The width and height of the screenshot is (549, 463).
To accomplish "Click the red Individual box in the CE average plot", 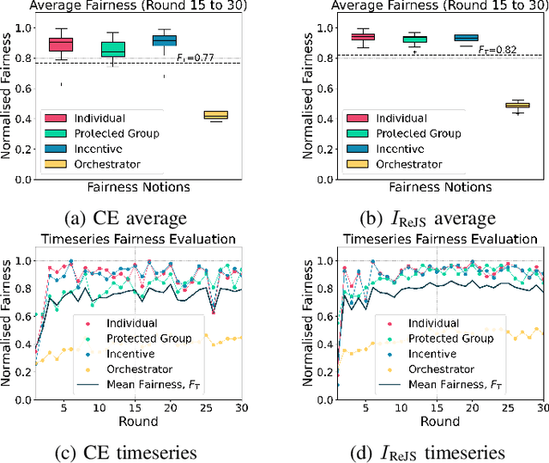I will click(60, 44).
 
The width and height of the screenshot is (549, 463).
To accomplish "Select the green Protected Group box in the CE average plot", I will click(112, 49).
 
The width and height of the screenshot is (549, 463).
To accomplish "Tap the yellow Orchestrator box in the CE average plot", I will click(215, 115).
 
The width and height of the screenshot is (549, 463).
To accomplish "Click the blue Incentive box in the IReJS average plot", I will click(466, 38).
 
